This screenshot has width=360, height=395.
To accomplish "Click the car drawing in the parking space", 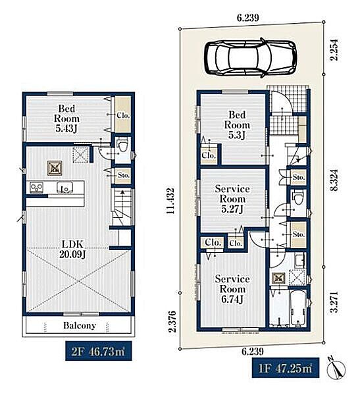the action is pos(250,57).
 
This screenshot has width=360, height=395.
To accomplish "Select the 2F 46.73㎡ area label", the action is pos(99,352).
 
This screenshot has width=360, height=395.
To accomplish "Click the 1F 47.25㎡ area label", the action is pos(286,368).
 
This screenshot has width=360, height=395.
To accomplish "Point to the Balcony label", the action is pos(80,325).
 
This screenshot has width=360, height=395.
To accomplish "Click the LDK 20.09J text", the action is pos(73,249).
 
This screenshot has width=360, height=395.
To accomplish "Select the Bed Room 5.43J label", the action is pos(66,118).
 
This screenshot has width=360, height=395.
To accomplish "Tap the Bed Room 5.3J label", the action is pos(237,125).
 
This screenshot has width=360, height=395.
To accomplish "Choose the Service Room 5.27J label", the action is pos(232,199).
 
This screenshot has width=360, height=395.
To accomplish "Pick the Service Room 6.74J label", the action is pos(232,289).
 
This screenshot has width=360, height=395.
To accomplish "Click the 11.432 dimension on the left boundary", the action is pos(170,201).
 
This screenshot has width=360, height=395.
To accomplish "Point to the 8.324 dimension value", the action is pos(335,180).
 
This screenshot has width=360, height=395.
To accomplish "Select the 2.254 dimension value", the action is pos(334,49).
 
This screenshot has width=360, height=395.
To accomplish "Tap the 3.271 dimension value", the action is pos(334,302).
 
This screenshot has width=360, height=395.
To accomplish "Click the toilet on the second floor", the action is pos(123,146).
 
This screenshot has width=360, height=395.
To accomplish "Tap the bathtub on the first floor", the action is pos(298,308).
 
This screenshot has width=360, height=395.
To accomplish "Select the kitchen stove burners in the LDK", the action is pos(37,188).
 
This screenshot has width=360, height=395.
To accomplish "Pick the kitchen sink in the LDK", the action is pos(65,188).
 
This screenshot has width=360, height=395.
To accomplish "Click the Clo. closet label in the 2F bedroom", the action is pos(123,115).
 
